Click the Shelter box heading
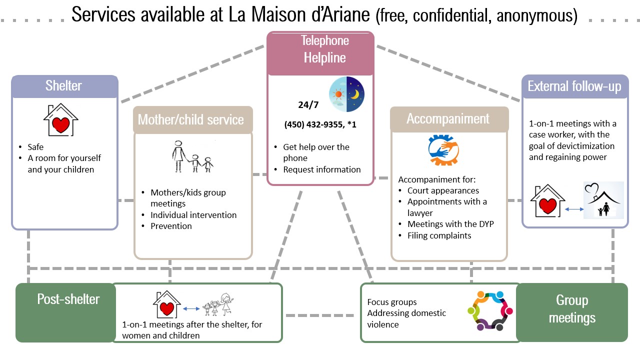pos(63,85)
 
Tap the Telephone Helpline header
pos(324,49)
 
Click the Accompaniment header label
pos(447,118)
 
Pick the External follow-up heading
pos(574,86)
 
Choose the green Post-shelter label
pos(68,299)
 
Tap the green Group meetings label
pos(572,308)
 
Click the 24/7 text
pos(305,105)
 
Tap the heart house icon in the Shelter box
pos(60,120)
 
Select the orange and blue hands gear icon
pos(443,150)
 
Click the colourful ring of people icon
pos(490,311)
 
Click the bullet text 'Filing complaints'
pos(439,235)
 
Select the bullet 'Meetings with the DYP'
pos(450,224)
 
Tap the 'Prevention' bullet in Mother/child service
pos(171,226)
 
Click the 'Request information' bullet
pos(321,169)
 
